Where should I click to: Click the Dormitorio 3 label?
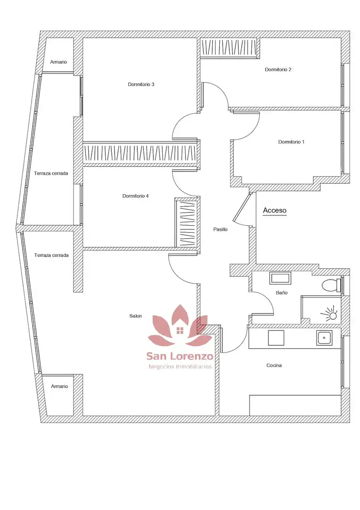pyautogui.click(x=141, y=85)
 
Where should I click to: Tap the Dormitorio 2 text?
pyautogui.click(x=278, y=69)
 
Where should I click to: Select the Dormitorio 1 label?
pyautogui.click(x=292, y=142)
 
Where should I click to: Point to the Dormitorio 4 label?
pyautogui.click(x=135, y=196)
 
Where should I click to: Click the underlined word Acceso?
pyautogui.click(x=275, y=211)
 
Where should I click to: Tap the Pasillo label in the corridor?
pyautogui.click(x=220, y=229)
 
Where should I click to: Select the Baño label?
pyautogui.click(x=282, y=293)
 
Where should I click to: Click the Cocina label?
pyautogui.click(x=274, y=365)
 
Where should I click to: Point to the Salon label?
pyautogui.click(x=135, y=316)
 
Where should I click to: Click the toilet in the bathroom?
pyautogui.click(x=331, y=285)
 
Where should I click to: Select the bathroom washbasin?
pyautogui.click(x=280, y=279)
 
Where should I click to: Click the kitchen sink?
pyautogui.click(x=324, y=338)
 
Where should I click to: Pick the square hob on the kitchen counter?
pyautogui.click(x=276, y=338)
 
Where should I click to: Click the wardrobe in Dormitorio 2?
pyautogui.click(x=229, y=48)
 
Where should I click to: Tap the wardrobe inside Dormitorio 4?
pyautogui.click(x=187, y=222)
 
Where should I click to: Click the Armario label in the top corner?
pyautogui.click(x=59, y=62)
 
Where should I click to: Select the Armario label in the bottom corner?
pyautogui.click(x=59, y=386)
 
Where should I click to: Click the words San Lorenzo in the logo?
pyautogui.click(x=180, y=356)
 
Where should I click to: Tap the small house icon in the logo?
pyautogui.click(x=179, y=331)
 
